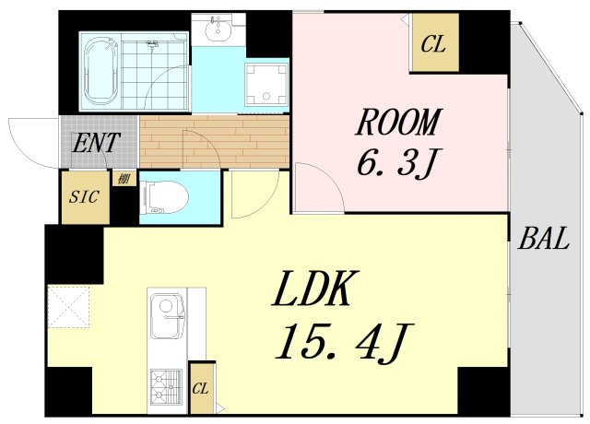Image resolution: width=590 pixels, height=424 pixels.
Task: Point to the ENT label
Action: pos(94,143)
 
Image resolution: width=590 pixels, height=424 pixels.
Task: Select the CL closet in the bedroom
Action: pos(433,43)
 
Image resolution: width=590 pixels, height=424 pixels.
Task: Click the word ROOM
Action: pos(400,122)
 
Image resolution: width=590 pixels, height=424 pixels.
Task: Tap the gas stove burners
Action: pos(166,386)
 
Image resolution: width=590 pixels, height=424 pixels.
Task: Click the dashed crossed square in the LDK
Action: pos(69,307)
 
